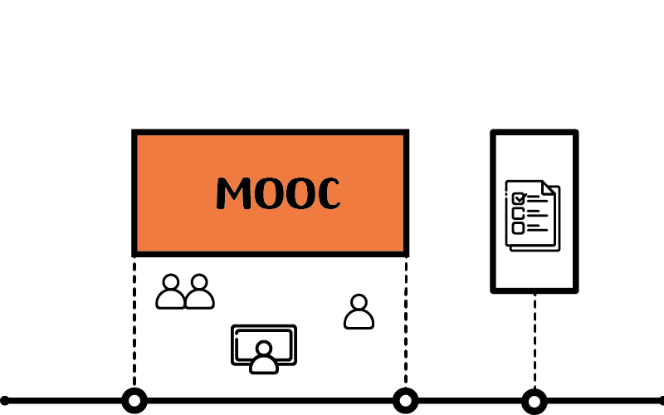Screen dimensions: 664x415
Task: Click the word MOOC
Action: tap(278, 193)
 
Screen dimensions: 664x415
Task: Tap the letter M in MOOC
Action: tap(234, 193)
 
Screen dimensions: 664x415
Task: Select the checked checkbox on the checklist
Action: tap(519, 198)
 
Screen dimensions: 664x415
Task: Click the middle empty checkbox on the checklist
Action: tap(518, 213)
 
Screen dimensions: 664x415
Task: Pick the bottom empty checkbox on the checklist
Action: tap(518, 228)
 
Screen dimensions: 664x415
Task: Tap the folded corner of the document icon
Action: tap(549, 188)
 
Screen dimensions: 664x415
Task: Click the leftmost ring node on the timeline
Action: tap(134, 400)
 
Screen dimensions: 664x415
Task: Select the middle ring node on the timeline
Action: tap(406, 400)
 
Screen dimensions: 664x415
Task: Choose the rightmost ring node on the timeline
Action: tap(535, 401)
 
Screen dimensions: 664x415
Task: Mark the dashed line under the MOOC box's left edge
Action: tap(134, 323)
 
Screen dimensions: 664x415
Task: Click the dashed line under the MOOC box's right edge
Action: tap(406, 323)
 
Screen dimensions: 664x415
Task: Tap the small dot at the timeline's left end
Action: tap(4, 401)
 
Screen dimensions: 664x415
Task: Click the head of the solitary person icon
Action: tap(359, 302)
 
